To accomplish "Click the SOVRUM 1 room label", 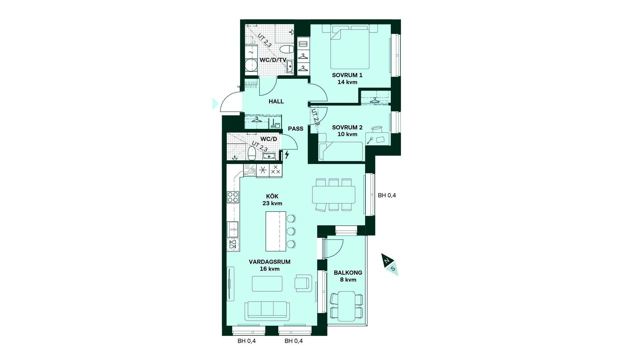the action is coord(347,75).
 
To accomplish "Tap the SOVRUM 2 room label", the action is coord(347,127).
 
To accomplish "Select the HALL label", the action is coord(276,102).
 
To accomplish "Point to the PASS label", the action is coord(296,129).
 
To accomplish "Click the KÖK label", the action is coord(272,196).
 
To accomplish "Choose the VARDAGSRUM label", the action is coord(270,262).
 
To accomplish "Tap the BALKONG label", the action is coord(348,273).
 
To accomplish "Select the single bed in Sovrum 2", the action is coord(341,151).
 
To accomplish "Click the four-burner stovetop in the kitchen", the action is coord(233,197).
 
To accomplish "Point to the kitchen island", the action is coord(276,231).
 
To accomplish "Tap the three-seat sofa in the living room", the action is coord(267,311).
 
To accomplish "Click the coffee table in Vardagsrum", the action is coord(267,283).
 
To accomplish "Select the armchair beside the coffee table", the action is coord(303,283).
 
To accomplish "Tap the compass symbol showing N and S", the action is coord(390,265).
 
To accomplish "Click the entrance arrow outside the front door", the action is coord(215,104).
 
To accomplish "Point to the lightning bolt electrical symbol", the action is coord(287,155).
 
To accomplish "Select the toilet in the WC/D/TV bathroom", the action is coord(287,50).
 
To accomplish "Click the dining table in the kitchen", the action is coord(334,195).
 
